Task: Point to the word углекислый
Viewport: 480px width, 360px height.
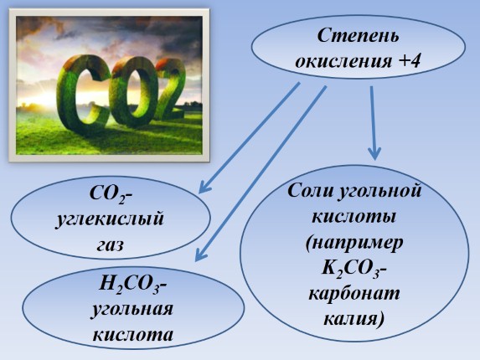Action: (110, 221)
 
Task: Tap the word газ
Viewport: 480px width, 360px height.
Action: (110, 245)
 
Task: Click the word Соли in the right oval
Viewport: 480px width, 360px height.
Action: (312, 191)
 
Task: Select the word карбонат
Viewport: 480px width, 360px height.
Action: (354, 295)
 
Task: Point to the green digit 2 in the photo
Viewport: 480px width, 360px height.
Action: (168, 92)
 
